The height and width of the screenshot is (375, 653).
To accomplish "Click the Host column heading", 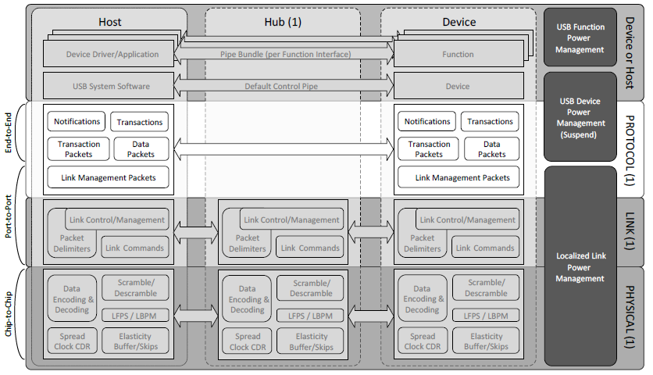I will [109, 22].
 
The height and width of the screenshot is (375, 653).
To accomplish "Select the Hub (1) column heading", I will [283, 22].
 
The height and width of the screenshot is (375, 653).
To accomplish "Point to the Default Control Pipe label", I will [283, 86].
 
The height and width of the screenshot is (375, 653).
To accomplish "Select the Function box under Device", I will [458, 54].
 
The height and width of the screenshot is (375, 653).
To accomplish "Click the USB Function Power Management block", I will [580, 38].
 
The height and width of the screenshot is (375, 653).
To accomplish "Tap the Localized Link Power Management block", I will [580, 266].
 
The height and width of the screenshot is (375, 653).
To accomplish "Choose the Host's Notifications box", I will [77, 122].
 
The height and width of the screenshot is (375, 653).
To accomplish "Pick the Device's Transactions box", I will [490, 122].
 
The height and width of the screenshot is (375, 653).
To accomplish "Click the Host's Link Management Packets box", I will [109, 177].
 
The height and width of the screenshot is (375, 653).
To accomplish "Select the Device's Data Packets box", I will [491, 148].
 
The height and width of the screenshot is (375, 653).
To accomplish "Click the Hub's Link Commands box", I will [310, 248].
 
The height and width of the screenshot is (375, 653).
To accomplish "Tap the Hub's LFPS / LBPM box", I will [310, 315].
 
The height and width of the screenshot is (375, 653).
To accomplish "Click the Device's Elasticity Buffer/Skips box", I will [485, 341].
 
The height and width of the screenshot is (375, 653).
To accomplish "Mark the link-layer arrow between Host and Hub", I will [195, 231].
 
